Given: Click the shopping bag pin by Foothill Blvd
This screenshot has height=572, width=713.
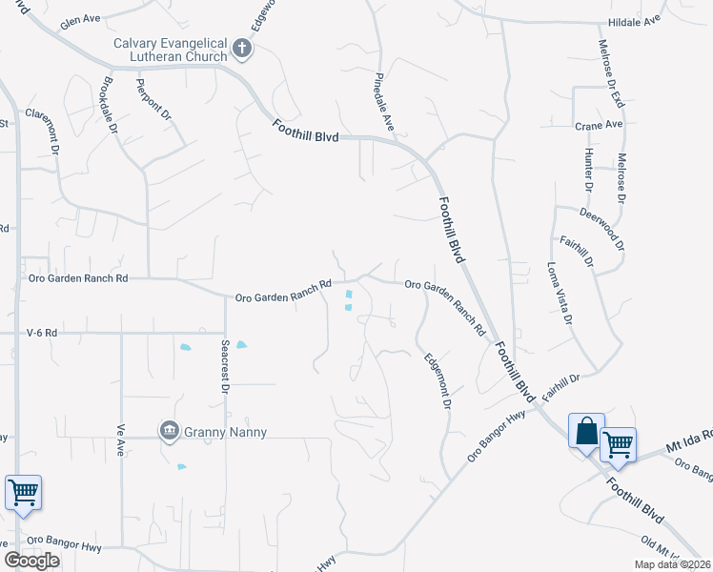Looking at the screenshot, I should tap(586, 430).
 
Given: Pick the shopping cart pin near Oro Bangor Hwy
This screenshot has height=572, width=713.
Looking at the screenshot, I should tap(23, 493).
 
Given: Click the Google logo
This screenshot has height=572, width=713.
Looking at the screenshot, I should tap(31, 560).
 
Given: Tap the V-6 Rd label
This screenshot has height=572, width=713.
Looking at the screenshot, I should tap(42, 333).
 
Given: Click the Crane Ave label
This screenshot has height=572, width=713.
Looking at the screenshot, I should tap(598, 124).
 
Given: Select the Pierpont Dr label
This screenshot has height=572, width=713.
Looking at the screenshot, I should tap(153, 100).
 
